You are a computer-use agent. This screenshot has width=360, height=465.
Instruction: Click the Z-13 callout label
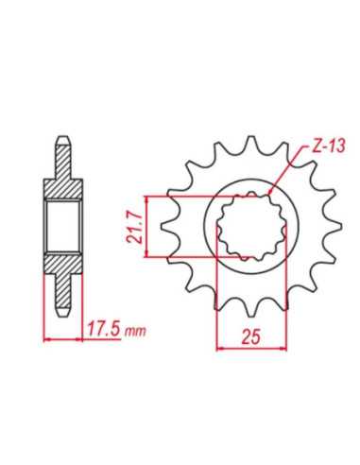point(327,146)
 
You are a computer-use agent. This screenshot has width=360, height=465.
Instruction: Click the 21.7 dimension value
point(133,227)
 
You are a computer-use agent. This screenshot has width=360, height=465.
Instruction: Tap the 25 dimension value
point(251,336)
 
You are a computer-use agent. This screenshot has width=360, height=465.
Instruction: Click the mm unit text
point(136,331)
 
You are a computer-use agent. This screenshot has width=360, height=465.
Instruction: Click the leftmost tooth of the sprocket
point(168,226)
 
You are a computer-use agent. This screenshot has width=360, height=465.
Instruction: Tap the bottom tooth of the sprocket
point(251,309)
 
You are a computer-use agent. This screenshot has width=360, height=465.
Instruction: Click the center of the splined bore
point(251,226)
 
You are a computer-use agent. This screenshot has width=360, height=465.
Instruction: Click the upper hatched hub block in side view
point(62,189)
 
